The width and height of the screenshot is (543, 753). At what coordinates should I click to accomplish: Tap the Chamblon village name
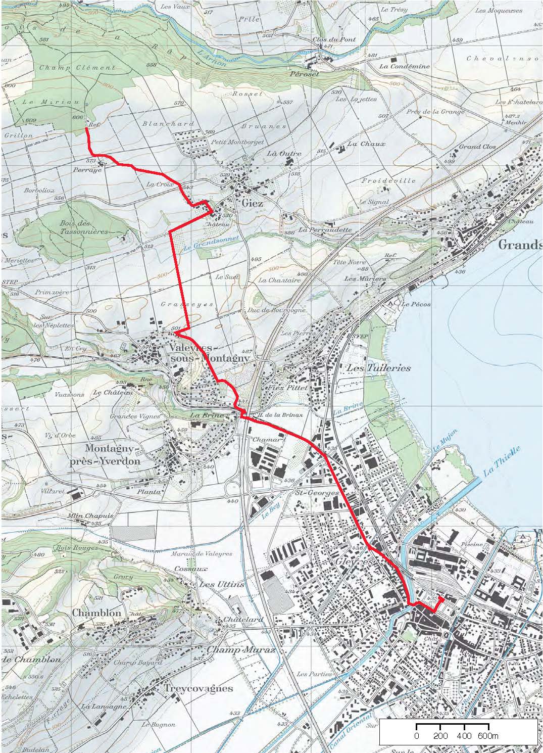(96, 613)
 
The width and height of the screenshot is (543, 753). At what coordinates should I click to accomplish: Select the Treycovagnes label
(198, 688)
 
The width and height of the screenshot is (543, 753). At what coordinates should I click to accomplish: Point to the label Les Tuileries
(378, 368)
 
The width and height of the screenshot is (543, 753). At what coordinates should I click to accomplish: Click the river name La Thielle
(501, 462)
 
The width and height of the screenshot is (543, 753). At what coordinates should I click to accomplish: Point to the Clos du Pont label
(334, 39)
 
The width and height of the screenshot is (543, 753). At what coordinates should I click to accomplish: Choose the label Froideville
(389, 180)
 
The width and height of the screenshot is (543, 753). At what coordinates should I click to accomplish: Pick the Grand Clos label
(477, 147)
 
